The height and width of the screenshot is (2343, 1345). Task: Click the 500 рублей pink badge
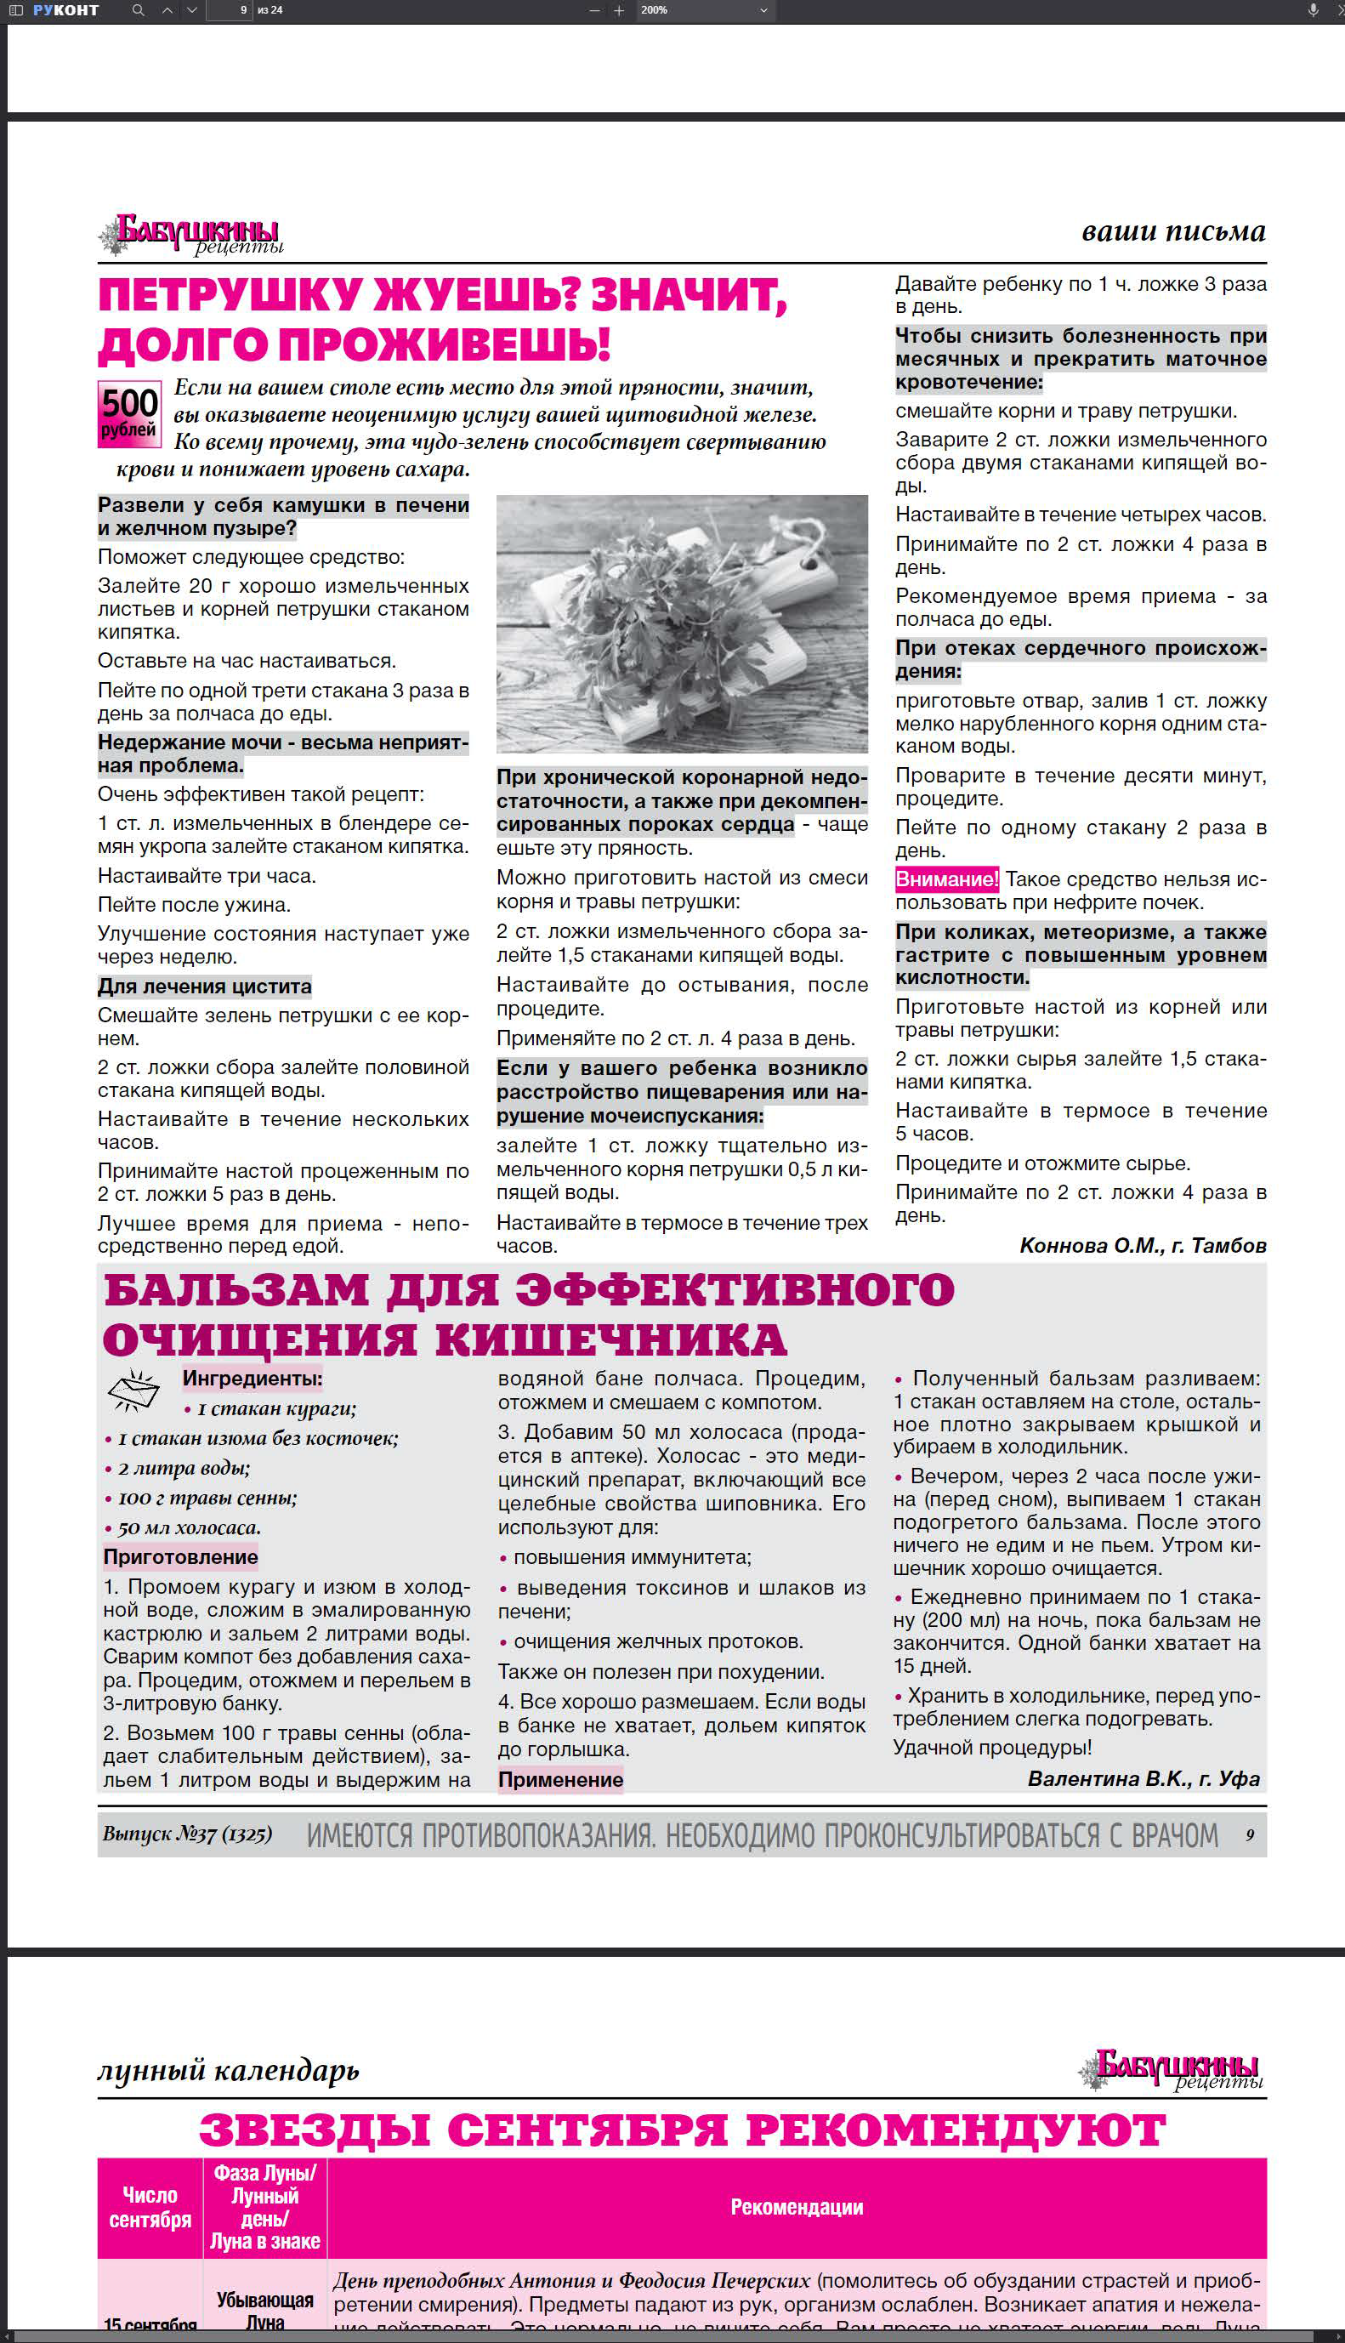point(128,414)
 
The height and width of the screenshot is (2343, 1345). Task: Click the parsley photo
point(682,623)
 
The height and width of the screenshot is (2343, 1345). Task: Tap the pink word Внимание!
point(947,879)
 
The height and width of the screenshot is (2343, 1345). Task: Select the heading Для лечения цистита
point(204,986)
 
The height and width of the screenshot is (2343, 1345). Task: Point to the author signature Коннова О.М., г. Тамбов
point(1142,1244)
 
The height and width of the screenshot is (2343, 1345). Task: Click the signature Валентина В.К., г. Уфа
point(1143,1778)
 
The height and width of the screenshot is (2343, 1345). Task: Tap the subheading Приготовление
point(180,1557)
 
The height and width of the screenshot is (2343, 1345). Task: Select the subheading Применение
point(561,1779)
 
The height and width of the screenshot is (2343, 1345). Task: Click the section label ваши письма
point(1172,231)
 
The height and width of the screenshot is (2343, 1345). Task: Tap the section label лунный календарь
point(227,2071)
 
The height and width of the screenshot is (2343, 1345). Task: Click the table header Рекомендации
point(797,2206)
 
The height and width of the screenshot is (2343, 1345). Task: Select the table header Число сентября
point(150,2206)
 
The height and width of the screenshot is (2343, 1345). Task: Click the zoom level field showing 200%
point(703,10)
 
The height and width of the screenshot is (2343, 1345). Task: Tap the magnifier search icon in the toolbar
point(138,10)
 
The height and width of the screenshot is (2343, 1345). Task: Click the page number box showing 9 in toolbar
point(229,10)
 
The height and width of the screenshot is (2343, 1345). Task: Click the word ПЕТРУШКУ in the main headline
point(229,296)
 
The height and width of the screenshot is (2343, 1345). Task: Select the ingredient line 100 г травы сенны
point(207,1498)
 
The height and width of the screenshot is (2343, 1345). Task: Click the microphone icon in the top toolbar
point(1313,10)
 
